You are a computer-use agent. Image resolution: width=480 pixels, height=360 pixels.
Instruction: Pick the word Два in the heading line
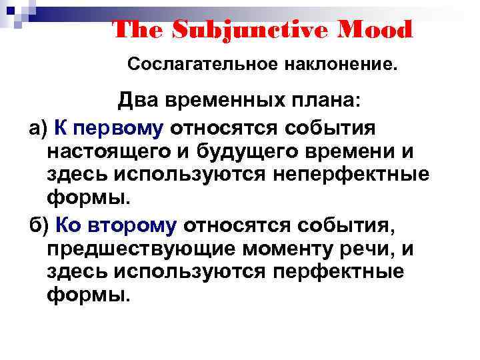coord(138,101)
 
